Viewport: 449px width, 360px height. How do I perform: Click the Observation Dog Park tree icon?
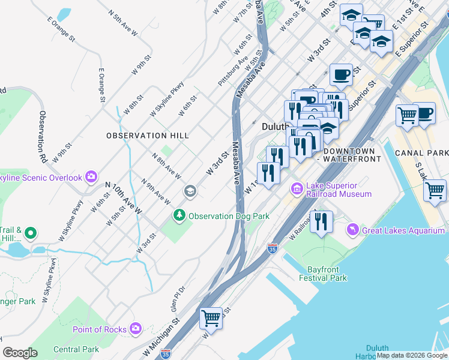(179, 215)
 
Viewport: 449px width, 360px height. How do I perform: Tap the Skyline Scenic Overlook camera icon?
(91, 176)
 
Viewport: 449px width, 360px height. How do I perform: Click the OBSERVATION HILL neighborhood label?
(148, 136)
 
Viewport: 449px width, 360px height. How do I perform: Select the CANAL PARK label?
(421, 153)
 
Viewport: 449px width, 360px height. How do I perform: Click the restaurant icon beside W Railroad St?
(321, 221)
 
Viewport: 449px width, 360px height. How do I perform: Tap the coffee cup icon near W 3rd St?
(341, 74)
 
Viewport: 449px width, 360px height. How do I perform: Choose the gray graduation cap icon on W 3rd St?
(190, 191)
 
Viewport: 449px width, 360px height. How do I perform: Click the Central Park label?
(76, 349)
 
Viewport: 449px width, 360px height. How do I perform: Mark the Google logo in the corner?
(20, 352)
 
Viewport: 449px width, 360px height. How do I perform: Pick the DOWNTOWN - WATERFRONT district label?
(351, 155)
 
